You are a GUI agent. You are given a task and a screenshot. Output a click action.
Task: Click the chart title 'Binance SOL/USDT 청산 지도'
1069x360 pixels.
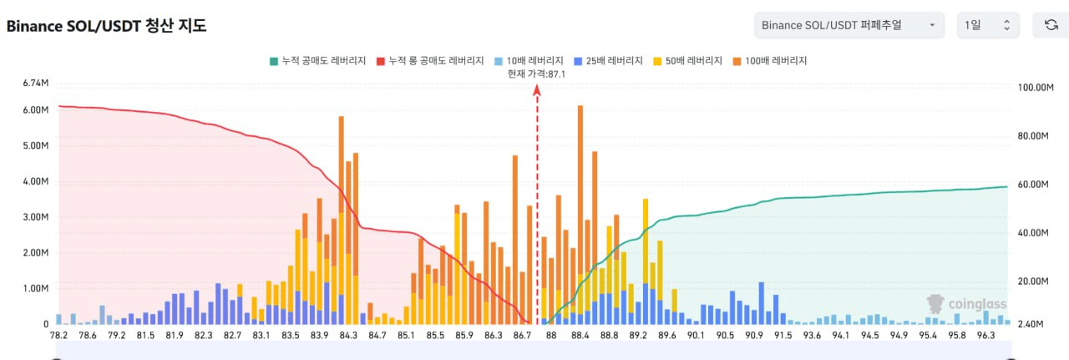pos(106,26)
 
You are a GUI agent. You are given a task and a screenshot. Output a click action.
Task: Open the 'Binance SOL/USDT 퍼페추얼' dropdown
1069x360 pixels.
pos(849,25)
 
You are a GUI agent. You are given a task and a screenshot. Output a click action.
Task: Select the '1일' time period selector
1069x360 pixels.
pos(988,25)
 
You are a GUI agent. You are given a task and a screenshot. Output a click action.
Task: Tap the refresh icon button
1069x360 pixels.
pos(1051,25)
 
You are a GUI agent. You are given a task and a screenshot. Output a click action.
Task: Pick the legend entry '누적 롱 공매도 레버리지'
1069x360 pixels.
pos(430,61)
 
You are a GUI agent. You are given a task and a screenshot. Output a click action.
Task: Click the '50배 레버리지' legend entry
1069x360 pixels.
pos(686,61)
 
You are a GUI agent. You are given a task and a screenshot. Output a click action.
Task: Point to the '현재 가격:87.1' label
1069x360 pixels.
pos(537,74)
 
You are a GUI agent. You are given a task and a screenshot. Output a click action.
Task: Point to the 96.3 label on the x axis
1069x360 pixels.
pos(985,336)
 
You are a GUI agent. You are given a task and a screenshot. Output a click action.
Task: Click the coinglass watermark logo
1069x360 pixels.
pos(967,304)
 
